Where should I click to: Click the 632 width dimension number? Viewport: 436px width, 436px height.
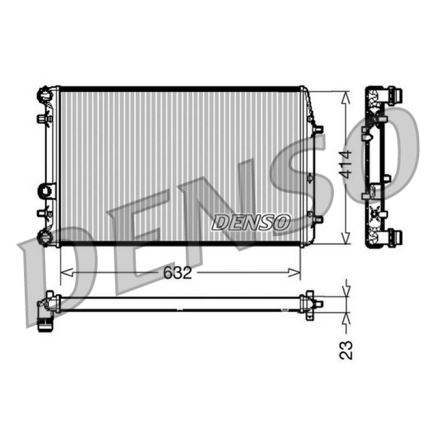point(178,272)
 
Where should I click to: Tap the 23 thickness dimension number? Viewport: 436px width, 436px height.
point(346,350)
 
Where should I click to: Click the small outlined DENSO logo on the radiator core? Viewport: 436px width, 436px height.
point(251,222)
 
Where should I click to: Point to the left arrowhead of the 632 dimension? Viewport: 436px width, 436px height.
point(66,273)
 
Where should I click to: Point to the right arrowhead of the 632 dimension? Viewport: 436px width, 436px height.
point(294,273)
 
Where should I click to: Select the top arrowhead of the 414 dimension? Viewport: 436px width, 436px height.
point(346,98)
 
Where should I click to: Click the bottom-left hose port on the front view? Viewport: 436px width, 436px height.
point(45,238)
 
